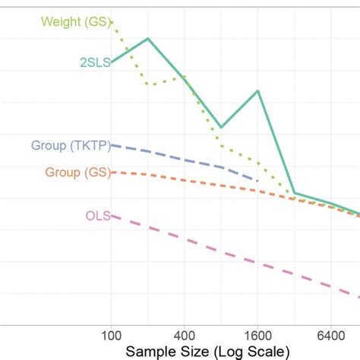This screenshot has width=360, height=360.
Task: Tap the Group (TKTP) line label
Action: [69, 144]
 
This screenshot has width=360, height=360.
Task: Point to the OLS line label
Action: [97, 216]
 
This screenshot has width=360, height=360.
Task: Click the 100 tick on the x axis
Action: [112, 335]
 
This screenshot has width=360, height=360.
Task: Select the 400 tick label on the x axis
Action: [185, 335]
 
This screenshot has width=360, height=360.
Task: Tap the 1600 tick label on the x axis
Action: [257, 335]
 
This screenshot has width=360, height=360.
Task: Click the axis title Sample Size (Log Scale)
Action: [207, 351]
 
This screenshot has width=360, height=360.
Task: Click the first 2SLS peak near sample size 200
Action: [148, 38]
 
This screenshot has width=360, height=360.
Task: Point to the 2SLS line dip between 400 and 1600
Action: [221, 127]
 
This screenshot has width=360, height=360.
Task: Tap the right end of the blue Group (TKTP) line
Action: [257, 181]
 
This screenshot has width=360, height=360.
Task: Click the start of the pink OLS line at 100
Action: [112, 216]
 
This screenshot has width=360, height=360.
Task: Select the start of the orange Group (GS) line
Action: [112, 172]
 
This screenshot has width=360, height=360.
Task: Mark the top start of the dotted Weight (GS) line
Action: [112, 23]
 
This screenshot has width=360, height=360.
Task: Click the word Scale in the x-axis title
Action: [267, 351]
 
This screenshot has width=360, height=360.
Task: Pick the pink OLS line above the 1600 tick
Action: [258, 264]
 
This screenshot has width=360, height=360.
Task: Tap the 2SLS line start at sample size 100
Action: [112, 62]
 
